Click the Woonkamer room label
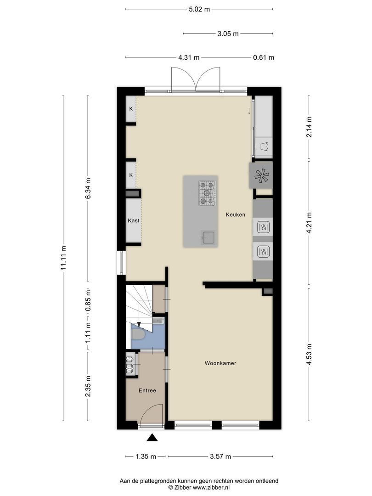(220, 363)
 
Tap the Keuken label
(235, 214)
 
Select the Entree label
(147, 391)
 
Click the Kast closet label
(134, 220)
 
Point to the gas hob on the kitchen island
(207, 192)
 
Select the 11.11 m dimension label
(63, 259)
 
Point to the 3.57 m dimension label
(220, 457)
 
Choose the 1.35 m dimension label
(147, 457)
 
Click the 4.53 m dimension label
(309, 354)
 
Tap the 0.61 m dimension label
(263, 57)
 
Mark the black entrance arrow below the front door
(152, 438)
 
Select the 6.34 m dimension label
(88, 188)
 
